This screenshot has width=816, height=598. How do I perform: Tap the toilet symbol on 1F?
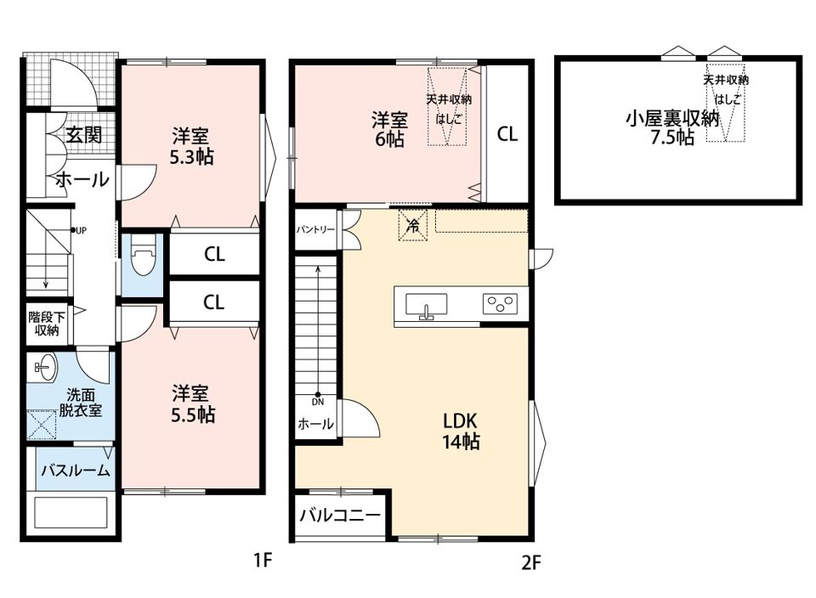[142, 257]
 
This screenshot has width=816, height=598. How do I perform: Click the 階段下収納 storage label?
[43, 324]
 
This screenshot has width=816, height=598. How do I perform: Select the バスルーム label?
[76, 471]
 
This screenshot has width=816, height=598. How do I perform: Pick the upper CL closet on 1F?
[214, 254]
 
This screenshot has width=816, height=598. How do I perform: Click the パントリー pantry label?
[314, 230]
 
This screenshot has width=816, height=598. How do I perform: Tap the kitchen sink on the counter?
[426, 305]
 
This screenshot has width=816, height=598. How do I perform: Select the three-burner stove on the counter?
[501, 304]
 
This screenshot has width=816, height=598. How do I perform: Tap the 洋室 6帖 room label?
[390, 129]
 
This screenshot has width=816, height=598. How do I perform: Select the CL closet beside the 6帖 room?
[507, 133]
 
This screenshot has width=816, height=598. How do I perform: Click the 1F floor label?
[261, 561]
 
